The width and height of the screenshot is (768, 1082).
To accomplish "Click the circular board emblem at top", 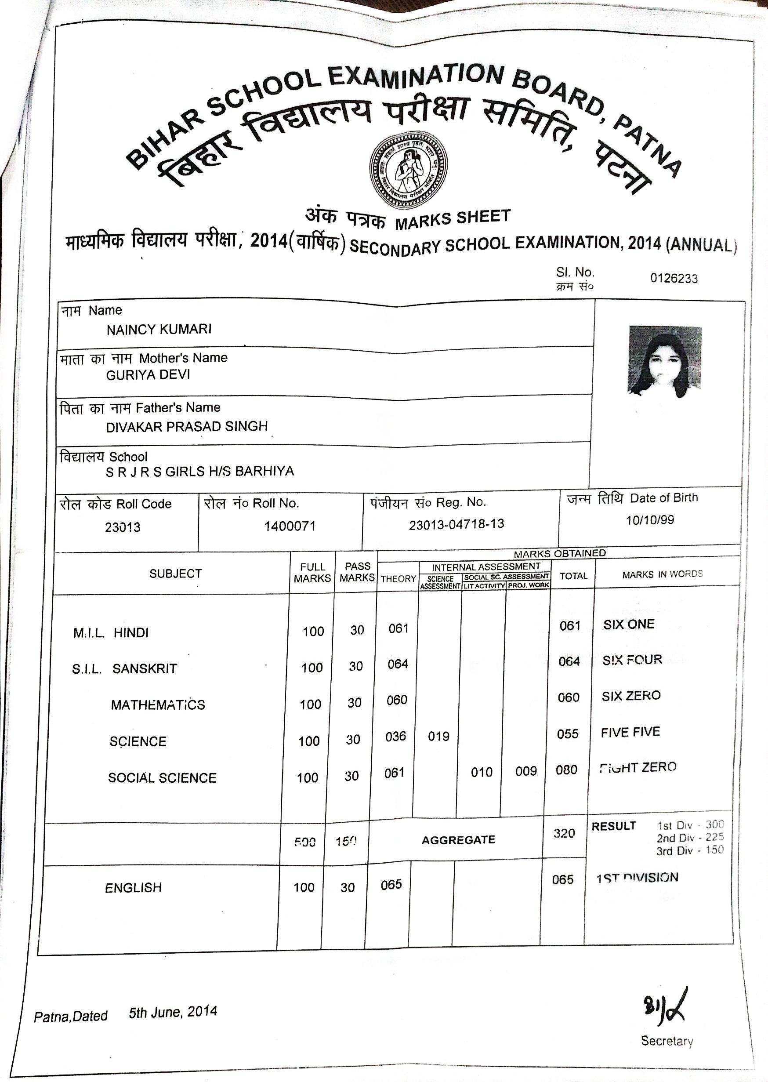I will [408, 172].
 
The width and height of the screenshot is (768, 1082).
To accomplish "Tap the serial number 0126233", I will [674, 279].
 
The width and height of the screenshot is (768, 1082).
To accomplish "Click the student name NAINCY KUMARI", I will [159, 330].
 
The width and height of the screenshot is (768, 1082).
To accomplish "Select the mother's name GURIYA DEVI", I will [148, 375].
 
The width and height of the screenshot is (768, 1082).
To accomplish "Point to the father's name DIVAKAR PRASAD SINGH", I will [187, 427].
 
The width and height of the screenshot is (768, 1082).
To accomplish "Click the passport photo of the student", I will [664, 362].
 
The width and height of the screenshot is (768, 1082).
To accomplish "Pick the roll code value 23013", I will [123, 527].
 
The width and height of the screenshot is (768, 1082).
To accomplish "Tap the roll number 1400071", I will [290, 526].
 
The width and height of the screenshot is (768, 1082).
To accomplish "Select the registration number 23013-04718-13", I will [456, 524].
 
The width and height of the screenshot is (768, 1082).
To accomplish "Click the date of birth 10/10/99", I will [650, 520].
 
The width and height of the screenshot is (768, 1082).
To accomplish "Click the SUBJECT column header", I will [175, 574].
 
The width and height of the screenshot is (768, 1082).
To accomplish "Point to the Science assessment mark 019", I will [438, 736].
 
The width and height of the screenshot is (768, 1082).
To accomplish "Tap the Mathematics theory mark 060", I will [397, 700].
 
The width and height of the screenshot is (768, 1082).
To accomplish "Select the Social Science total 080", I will [566, 770].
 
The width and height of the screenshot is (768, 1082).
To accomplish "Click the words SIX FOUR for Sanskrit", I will [632, 660].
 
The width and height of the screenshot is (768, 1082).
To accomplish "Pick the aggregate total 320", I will [564, 833].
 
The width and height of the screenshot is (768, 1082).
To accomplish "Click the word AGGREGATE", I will [458, 840].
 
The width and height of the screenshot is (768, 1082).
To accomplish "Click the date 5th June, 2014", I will [173, 1012].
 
